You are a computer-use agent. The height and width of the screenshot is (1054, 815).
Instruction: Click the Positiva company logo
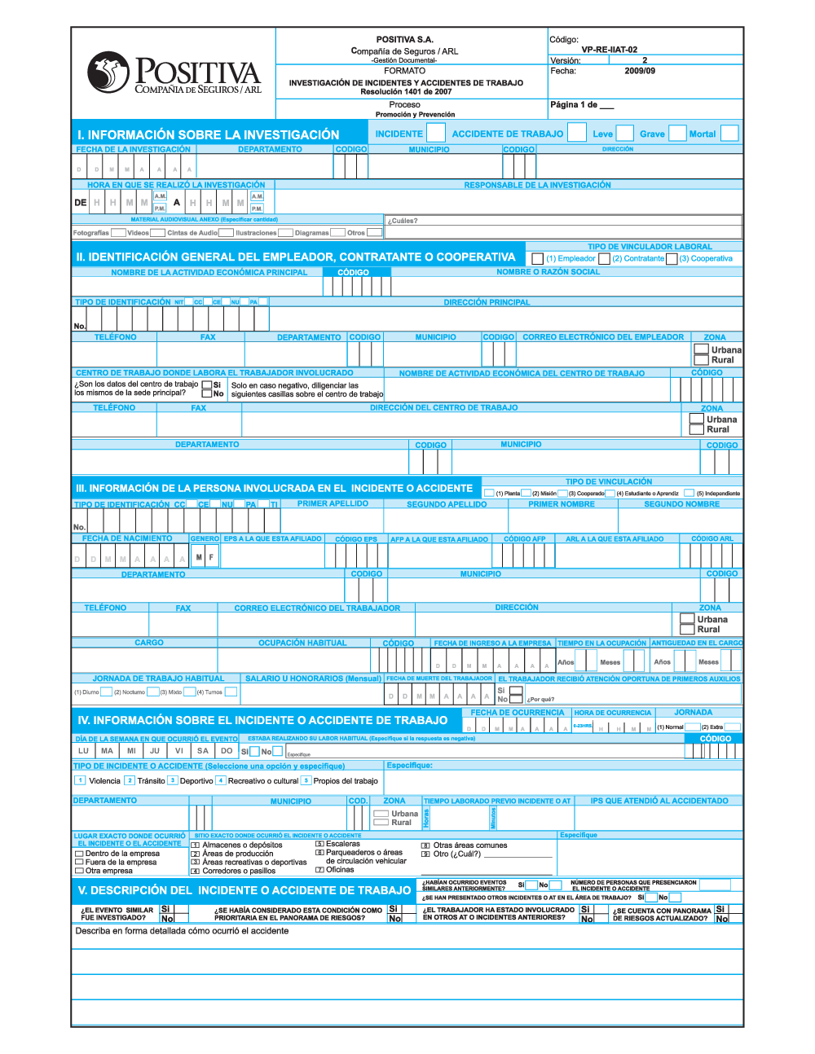pyautogui.click(x=174, y=73)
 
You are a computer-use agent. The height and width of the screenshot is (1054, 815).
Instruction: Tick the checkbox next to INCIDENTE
pyautogui.click(x=436, y=133)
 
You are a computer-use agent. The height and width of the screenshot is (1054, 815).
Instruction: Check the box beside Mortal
pyautogui.click(x=729, y=133)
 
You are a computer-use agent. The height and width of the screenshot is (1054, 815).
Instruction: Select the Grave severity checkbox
pyautogui.click(x=677, y=133)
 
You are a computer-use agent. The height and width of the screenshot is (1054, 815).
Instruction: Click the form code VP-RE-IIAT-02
pyautogui.click(x=609, y=50)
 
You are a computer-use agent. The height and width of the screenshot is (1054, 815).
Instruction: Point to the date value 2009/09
pyautogui.click(x=640, y=71)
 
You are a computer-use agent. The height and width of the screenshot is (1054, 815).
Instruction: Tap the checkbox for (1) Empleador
pyautogui.click(x=537, y=258)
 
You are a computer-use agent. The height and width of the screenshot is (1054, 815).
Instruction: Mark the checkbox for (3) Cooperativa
pyautogui.click(x=672, y=258)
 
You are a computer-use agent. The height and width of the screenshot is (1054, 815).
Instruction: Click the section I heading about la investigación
pyautogui.click(x=208, y=134)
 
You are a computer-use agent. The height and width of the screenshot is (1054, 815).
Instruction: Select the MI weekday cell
pyautogui.click(x=131, y=751)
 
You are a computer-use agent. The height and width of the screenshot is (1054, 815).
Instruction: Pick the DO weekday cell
pyautogui.click(x=227, y=751)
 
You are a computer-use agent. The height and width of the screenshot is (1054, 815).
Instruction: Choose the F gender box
pyautogui.click(x=211, y=557)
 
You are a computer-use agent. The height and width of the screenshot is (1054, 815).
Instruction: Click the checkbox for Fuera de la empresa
pyautogui.click(x=79, y=862)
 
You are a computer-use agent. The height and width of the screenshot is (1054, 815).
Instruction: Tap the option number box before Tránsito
pyautogui.click(x=130, y=780)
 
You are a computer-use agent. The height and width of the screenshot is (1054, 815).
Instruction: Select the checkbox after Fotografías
pyautogui.click(x=118, y=233)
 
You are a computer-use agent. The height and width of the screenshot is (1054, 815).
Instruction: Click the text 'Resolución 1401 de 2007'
pyautogui.click(x=406, y=92)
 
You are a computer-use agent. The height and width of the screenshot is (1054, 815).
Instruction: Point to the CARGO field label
pyautogui.click(x=149, y=643)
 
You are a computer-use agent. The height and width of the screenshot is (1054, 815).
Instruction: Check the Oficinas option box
pyautogui.click(x=319, y=870)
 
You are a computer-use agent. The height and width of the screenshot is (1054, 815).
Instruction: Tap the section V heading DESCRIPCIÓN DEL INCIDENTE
pyautogui.click(x=244, y=890)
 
